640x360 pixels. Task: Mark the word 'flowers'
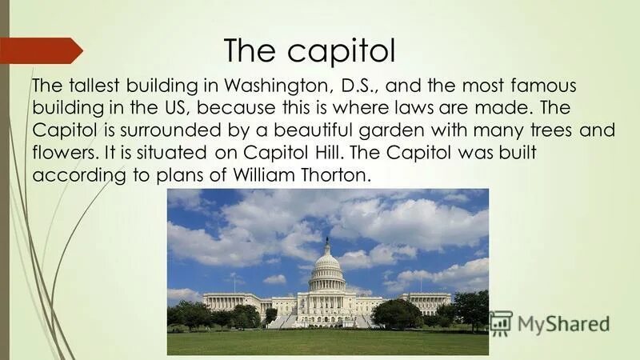[63, 153]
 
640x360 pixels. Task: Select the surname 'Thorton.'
[341, 176]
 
